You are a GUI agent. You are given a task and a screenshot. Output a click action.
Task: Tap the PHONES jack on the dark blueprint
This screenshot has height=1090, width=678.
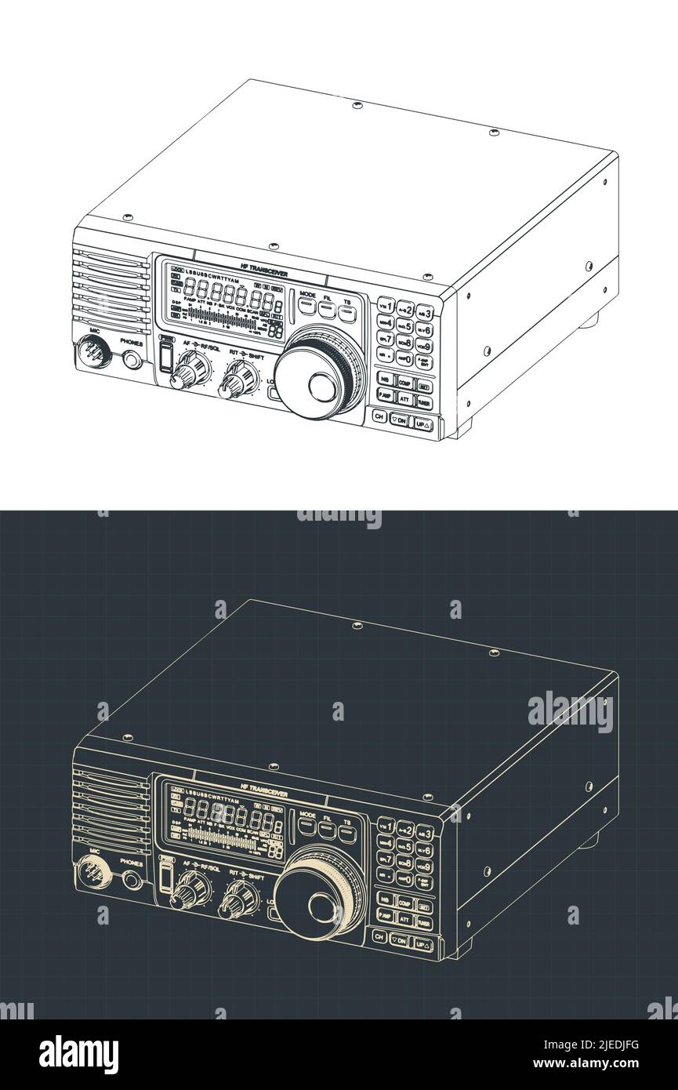tap(132, 880)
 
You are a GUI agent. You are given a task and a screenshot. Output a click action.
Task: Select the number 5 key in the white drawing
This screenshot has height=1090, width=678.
tap(405, 325)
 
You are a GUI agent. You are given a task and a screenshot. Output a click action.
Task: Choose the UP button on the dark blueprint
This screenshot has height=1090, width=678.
tap(423, 944)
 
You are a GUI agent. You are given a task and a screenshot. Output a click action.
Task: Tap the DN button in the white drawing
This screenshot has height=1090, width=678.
tap(401, 421)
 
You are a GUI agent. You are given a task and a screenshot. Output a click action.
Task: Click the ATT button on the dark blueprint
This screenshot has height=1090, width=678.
tap(404, 918)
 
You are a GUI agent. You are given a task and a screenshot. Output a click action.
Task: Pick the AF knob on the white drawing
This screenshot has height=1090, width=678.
tap(188, 369)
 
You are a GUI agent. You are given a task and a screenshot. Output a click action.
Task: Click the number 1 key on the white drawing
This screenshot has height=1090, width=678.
tap(386, 304)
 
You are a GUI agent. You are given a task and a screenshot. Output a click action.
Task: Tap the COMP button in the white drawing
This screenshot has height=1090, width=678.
tap(404, 382)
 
